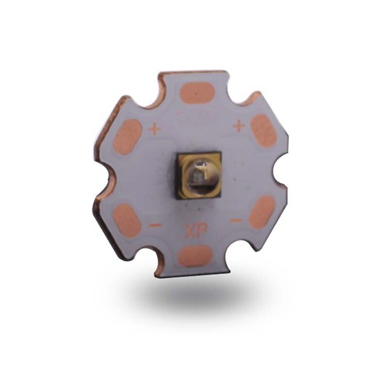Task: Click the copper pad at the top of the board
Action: coord(197,92)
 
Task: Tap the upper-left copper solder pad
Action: coord(127,137)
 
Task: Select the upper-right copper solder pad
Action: coord(264,130)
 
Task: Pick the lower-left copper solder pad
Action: coord(126,220)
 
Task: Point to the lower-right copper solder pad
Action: coord(262,212)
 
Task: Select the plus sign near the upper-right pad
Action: coord(238,125)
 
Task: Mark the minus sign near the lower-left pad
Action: coord(155,225)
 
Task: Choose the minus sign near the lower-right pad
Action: coord(235,220)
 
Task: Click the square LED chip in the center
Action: coord(198,175)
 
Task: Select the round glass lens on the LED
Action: coord(199,175)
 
